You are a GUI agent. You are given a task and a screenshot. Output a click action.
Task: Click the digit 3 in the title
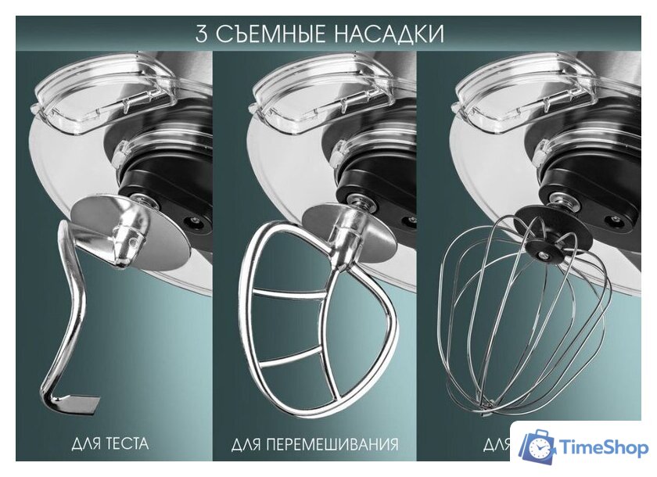(x=203, y=34)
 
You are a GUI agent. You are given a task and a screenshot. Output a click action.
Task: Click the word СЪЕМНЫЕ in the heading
(x=266, y=34)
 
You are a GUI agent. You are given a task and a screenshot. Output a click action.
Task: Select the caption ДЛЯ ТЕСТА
(x=109, y=444)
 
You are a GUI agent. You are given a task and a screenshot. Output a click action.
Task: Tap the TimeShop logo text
(x=604, y=447)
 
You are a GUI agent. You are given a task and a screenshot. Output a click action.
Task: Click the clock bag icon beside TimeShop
(x=539, y=446)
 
